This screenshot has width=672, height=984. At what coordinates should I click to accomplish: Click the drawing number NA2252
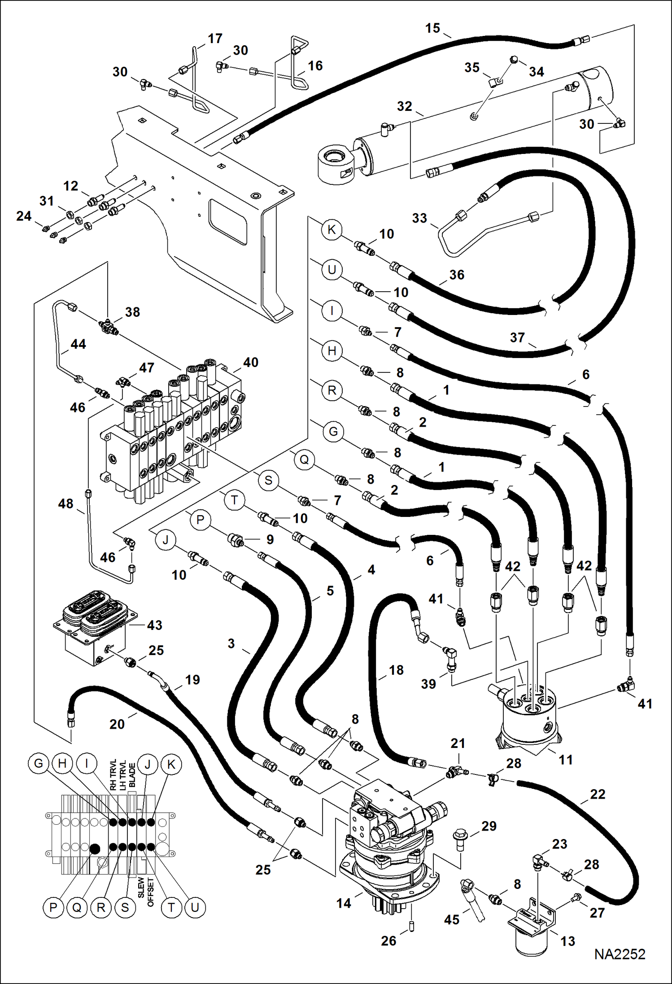tap(620, 954)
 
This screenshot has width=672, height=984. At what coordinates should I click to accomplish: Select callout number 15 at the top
tap(432, 28)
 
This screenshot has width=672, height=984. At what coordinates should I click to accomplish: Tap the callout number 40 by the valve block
tap(250, 362)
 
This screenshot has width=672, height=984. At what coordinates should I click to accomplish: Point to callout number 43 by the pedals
tap(154, 625)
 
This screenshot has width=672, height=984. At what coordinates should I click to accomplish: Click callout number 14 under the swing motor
tap(344, 903)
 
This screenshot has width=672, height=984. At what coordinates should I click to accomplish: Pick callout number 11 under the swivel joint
tap(565, 760)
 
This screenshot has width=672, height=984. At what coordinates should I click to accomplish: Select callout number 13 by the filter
tap(567, 940)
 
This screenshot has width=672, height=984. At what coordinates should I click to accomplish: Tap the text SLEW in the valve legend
tap(141, 888)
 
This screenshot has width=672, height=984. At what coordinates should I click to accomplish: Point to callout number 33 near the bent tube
tap(419, 218)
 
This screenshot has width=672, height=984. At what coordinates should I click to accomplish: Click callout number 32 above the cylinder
tap(404, 106)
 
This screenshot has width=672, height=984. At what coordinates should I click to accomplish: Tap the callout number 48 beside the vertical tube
tap(65, 503)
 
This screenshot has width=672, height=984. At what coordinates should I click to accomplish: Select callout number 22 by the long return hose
tap(598, 794)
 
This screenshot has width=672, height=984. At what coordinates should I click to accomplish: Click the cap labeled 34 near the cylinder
tap(514, 59)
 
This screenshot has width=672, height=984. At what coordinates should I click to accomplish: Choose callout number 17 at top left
tap(215, 39)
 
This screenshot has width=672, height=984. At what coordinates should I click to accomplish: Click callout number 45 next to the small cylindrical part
tap(451, 919)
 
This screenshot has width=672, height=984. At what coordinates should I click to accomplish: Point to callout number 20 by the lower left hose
tap(117, 724)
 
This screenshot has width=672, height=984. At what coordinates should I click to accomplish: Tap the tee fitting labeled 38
tap(109, 326)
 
